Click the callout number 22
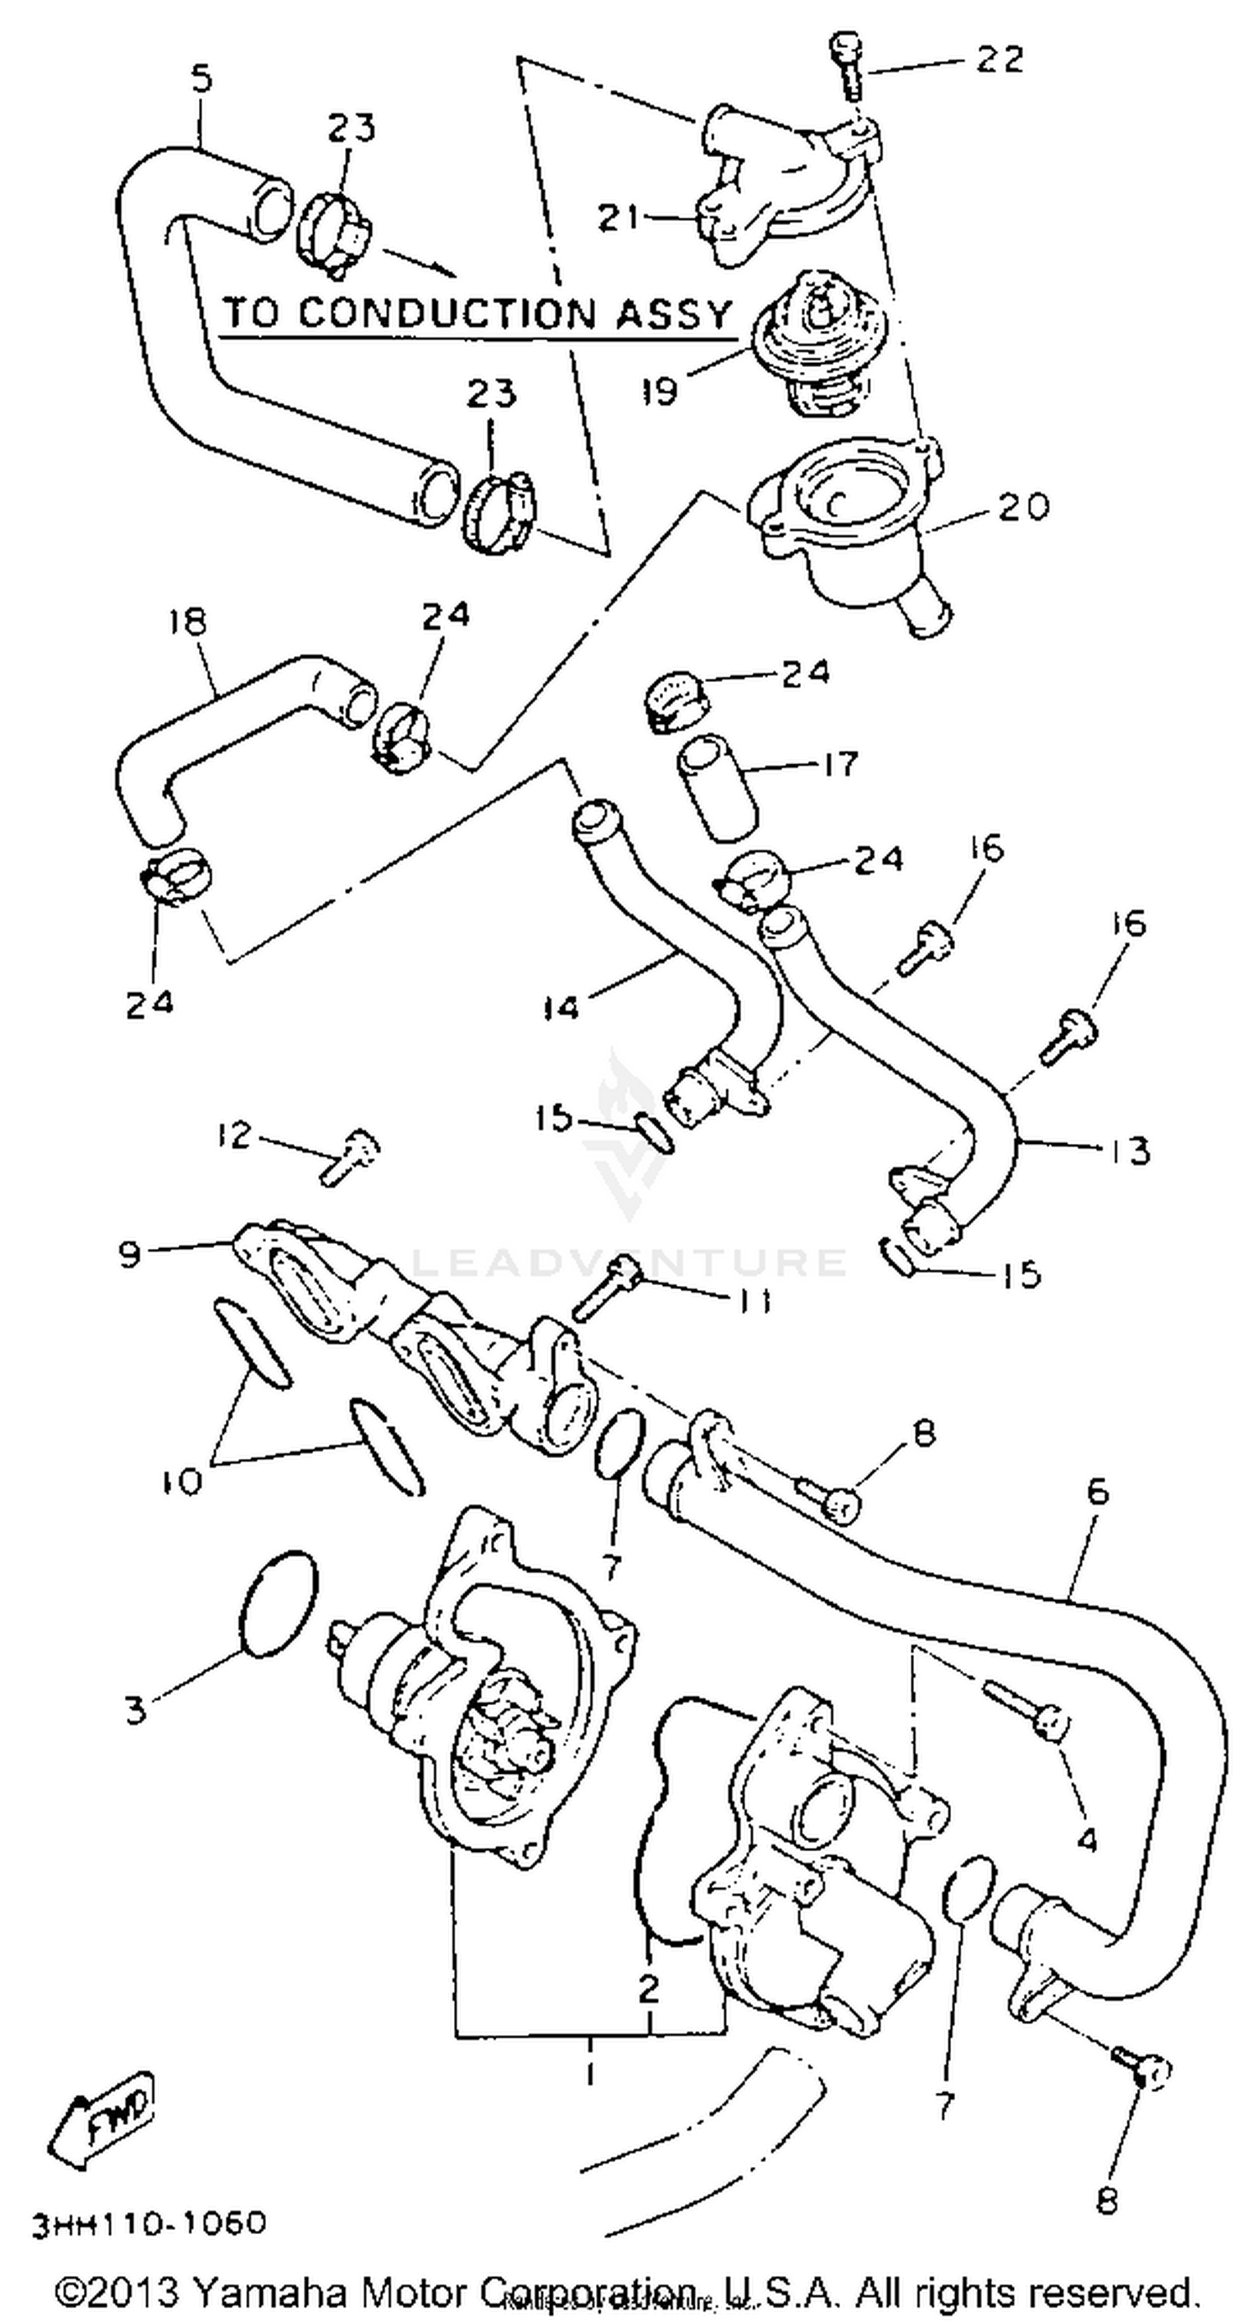[1000, 60]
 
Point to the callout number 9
[131, 1254]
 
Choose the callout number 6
[1097, 1492]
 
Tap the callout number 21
[619, 218]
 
